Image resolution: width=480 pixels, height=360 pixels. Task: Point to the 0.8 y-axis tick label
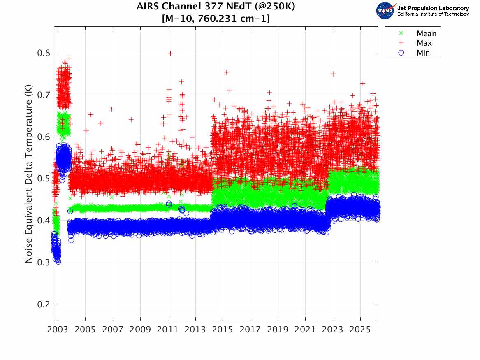click(44, 53)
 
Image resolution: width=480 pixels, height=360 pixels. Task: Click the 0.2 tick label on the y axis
click(44, 304)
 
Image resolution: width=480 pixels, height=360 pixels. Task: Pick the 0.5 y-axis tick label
click(44, 179)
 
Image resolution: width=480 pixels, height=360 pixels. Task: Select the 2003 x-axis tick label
click(58, 330)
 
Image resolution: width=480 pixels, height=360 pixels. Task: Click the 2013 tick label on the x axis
click(195, 330)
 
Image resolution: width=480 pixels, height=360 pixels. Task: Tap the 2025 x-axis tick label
click(360, 330)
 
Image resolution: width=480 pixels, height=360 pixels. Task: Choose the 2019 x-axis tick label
click(278, 330)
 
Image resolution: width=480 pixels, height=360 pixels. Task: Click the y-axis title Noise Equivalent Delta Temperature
click(28, 174)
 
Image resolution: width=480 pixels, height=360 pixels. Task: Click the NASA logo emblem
click(385, 11)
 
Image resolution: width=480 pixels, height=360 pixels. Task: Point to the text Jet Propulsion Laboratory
click(433, 8)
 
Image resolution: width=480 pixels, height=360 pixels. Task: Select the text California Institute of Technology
click(433, 14)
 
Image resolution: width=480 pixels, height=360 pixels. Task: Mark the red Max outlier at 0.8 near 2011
click(171, 53)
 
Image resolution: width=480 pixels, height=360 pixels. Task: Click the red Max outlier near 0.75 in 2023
click(333, 74)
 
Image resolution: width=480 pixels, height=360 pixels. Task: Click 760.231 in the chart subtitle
click(217, 19)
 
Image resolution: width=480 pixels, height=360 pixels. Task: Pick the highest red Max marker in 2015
click(226, 72)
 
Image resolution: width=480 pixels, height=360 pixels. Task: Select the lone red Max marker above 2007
click(112, 109)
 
